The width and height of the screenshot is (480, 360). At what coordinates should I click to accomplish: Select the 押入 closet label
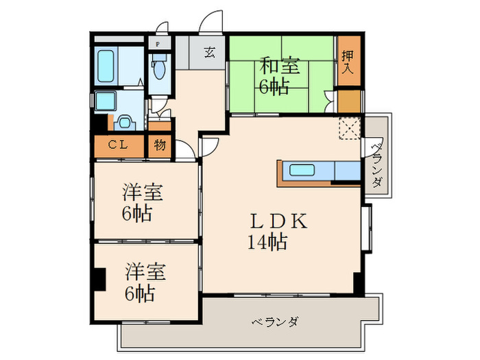pos(347,62)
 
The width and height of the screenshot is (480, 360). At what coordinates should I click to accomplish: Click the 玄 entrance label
pos(208,52)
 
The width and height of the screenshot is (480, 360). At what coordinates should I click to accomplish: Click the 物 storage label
pos(159,145)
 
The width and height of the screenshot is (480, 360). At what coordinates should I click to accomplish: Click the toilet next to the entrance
pos(159,69)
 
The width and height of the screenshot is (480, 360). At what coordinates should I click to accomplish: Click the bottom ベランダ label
pos(274,322)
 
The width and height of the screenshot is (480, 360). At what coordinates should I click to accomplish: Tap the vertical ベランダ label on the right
pos(376,165)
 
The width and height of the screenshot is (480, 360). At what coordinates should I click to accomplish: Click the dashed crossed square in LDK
pos(350,128)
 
